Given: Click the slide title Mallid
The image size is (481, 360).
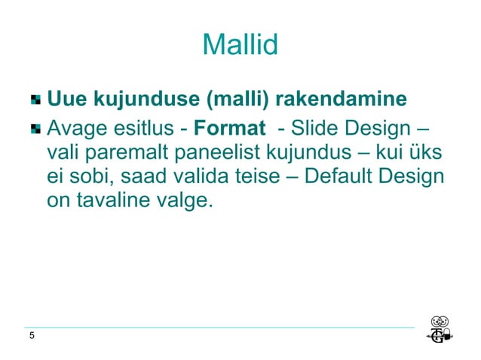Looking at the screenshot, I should [240, 46].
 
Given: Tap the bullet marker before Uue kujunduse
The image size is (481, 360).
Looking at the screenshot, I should [36, 99].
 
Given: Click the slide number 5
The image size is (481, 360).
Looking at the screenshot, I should [31, 336].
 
